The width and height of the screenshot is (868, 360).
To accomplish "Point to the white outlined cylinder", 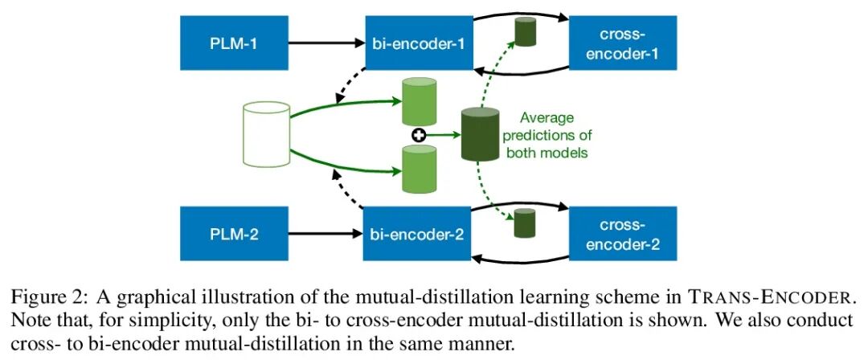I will click(265, 135).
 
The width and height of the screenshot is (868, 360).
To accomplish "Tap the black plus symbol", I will click(418, 135).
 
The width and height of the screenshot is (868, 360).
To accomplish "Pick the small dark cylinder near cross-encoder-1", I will click(526, 31).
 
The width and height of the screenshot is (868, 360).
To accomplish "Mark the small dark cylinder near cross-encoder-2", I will click(525, 223).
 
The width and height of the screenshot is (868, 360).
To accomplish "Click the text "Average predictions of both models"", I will click(547, 135).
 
